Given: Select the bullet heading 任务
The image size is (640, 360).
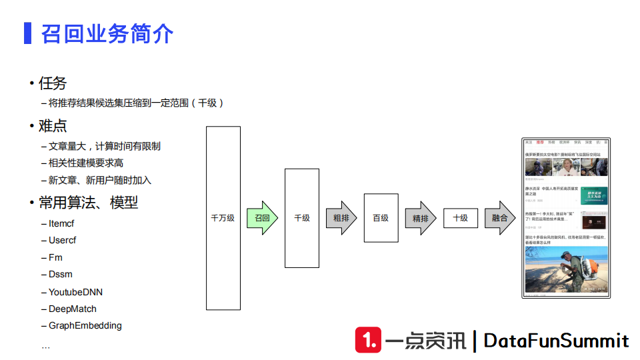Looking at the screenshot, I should [x=53, y=83].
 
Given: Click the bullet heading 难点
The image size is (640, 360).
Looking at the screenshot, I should [x=53, y=126].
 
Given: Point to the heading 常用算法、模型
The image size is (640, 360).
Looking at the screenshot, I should [x=88, y=203].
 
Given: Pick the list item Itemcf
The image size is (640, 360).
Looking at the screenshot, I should [x=61, y=223].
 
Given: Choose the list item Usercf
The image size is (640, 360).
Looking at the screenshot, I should [x=63, y=240].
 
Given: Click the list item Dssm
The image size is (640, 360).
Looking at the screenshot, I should [x=61, y=274].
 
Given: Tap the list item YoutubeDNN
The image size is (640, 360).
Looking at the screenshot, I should [x=75, y=292].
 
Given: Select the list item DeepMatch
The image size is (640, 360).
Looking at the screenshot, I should [x=73, y=309].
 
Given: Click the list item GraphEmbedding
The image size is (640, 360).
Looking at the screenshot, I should [x=85, y=325].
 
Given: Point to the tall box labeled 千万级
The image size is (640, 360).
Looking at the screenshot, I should [x=223, y=218].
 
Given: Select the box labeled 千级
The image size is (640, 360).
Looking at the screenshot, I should [x=301, y=218].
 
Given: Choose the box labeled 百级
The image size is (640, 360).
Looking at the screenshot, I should [x=381, y=218].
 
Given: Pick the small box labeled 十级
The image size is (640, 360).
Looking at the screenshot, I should [x=460, y=218].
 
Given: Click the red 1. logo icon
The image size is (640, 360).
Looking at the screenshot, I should [x=368, y=340].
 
